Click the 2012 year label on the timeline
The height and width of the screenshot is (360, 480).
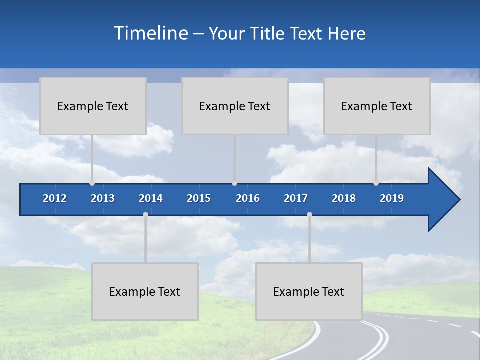(x=55, y=198)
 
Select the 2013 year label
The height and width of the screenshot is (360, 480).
(x=103, y=198)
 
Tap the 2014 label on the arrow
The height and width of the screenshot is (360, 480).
(x=151, y=198)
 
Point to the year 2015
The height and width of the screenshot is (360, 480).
(x=199, y=198)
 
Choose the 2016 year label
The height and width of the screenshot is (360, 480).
(x=248, y=198)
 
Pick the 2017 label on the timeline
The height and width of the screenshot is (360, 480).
(x=296, y=198)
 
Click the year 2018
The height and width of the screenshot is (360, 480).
(x=344, y=198)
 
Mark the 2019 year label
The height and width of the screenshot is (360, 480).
(x=392, y=198)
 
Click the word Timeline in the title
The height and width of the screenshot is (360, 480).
(x=150, y=33)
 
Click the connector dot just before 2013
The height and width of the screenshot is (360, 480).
(x=92, y=183)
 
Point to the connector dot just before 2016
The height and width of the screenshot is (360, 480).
(x=234, y=183)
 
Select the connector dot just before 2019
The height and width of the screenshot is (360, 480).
(x=376, y=183)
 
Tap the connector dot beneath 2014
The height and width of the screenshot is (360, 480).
(x=145, y=214)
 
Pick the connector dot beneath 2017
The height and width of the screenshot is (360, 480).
(x=309, y=214)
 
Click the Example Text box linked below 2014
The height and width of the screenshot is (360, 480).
(x=145, y=291)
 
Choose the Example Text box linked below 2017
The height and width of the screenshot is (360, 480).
(x=309, y=291)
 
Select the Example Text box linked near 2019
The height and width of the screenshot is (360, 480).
(x=377, y=106)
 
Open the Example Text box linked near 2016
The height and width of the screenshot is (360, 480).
(x=235, y=106)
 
